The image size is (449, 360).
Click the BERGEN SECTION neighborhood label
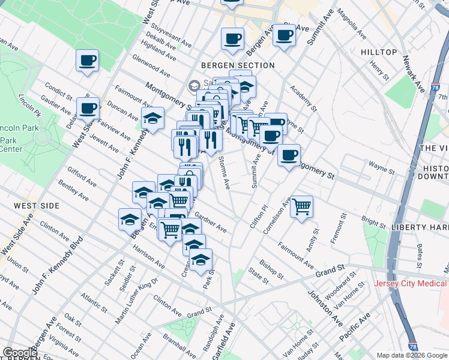tap(238, 65)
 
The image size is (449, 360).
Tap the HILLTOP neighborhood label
tap(379, 52)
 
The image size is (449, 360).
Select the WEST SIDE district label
tap(37, 206)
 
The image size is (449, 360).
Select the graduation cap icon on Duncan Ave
tap(152, 118)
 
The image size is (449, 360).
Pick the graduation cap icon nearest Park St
tap(200, 260)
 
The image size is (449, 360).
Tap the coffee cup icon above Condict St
tap(88, 61)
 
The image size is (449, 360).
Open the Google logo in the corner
tap(20, 353)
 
